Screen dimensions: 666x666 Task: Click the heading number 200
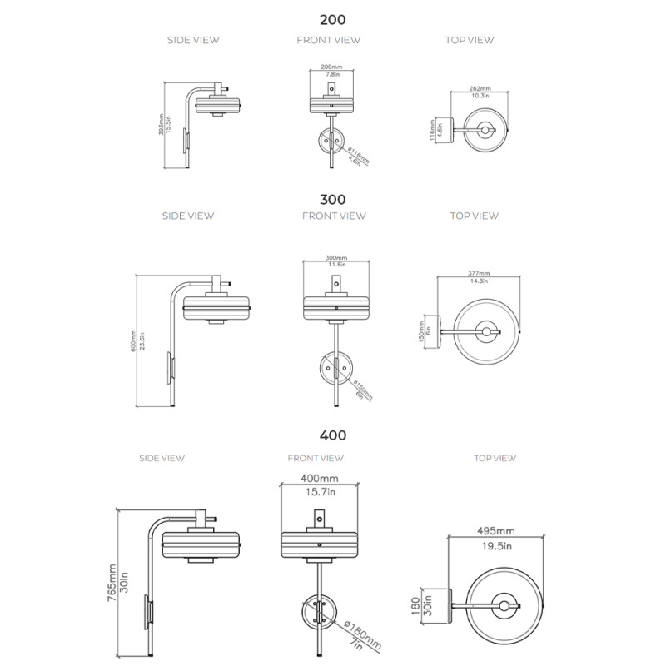click(x=333, y=19)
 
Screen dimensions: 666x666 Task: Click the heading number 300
click(x=333, y=200)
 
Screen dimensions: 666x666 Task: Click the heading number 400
click(x=333, y=435)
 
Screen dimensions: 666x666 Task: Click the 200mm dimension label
click(x=331, y=67)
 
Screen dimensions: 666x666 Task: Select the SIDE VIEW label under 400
click(x=162, y=458)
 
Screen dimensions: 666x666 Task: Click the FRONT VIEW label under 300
click(x=333, y=216)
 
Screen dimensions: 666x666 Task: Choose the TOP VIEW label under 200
click(x=470, y=40)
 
